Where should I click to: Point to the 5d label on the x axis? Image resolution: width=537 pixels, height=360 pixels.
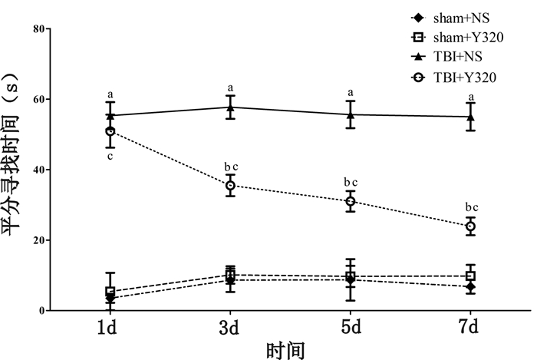pos(351,328)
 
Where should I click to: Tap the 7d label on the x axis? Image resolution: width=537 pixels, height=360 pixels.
pos(471,328)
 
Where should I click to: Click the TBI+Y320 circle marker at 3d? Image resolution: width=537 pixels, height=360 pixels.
pos(230,186)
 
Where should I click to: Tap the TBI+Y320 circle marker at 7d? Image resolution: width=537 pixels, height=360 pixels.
pos(471,226)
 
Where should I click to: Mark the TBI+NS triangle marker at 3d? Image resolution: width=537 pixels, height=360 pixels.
pos(230,107)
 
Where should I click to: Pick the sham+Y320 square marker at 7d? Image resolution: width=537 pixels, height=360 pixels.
pos(471,276)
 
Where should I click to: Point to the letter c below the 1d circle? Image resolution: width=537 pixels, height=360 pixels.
pos(110,157)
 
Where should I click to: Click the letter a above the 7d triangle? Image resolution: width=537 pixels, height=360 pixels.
pos(471,95)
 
